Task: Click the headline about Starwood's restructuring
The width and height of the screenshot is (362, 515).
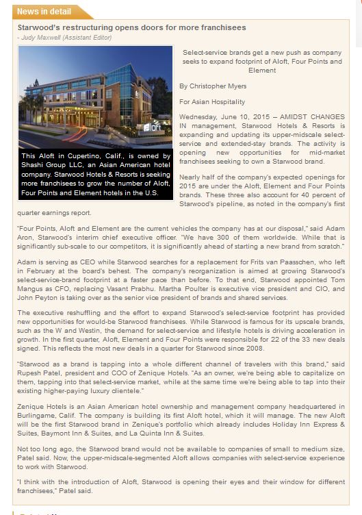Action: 132,27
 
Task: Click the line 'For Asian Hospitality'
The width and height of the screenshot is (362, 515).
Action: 213,101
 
